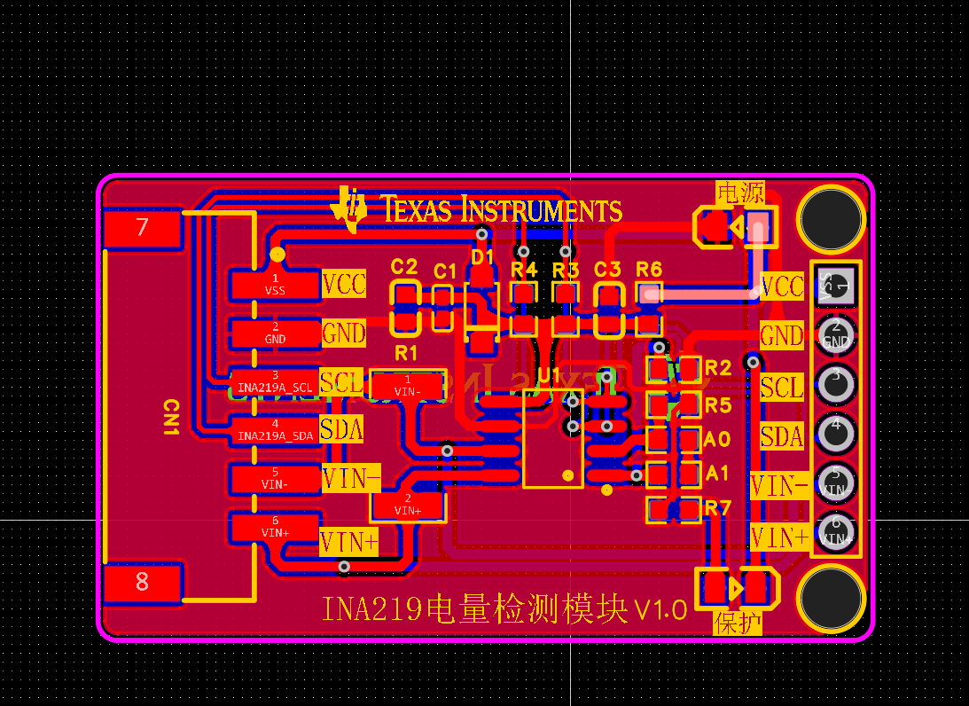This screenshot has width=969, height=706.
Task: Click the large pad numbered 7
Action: pos(143,228)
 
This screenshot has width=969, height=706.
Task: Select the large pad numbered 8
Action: pos(143,582)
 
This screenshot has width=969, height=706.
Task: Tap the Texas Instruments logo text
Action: pos(501,210)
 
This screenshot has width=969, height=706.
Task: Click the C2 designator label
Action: pos(404,267)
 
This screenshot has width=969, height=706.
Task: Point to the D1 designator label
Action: pos(482,257)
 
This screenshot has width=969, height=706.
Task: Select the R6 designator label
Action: pos(649,269)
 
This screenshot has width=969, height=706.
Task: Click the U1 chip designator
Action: pos(550,375)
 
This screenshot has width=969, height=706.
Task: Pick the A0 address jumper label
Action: pos(716,439)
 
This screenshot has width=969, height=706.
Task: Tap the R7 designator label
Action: pos(717,508)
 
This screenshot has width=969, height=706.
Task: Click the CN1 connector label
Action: pos(171,417)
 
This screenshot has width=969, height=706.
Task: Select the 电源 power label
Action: pos(739,192)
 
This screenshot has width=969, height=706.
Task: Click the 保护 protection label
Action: pos(738,623)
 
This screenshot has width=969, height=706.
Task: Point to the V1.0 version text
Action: pos(660,610)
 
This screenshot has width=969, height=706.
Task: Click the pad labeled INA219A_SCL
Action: pos(275,382)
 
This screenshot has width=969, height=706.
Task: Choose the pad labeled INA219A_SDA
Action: pos(275,430)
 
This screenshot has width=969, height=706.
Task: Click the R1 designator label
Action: pos(406,353)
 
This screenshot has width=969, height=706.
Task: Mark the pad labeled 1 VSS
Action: pos(275,285)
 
